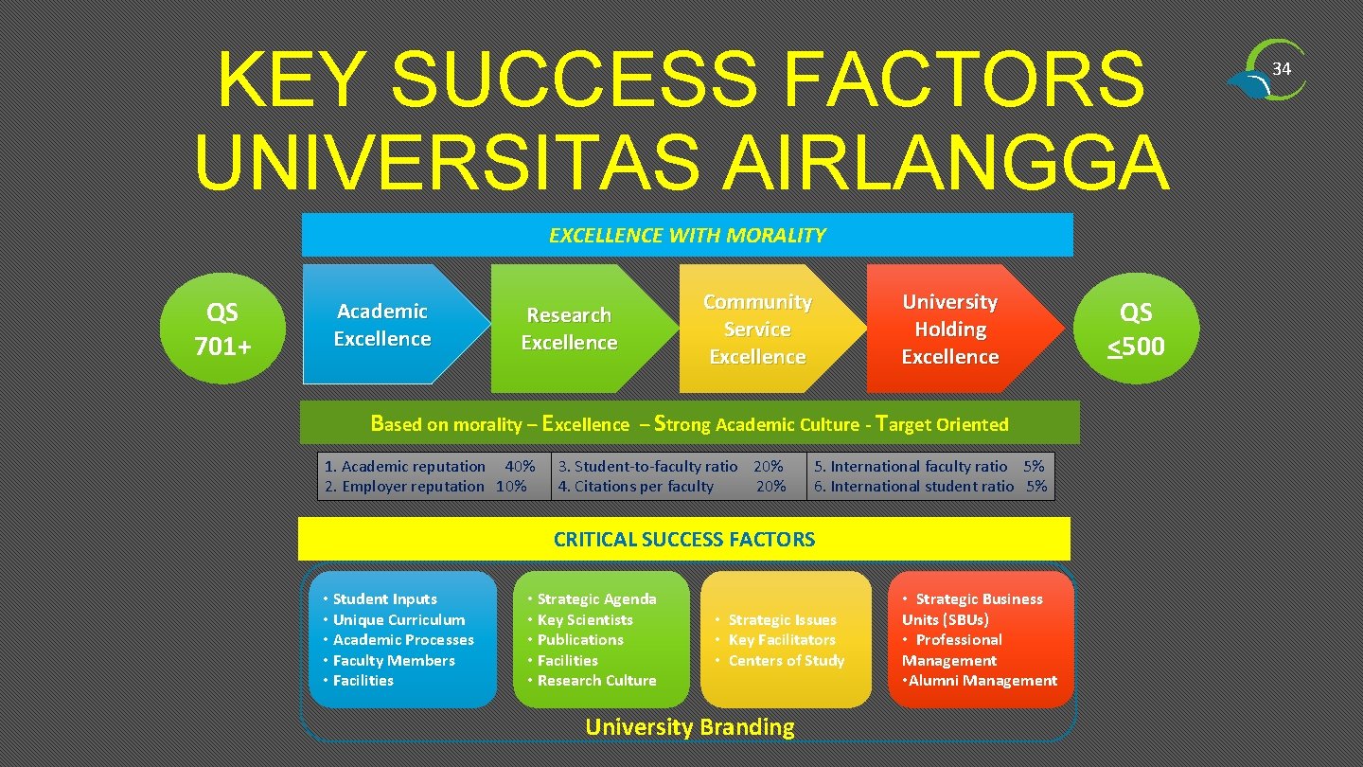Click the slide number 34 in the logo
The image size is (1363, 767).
coord(1282,69)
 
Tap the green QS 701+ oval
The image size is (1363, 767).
coord(223,329)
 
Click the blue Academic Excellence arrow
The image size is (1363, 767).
coord(383,325)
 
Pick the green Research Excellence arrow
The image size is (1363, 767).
coord(570,329)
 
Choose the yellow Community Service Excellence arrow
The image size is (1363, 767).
coord(757,329)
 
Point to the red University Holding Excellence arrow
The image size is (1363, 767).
coord(950,329)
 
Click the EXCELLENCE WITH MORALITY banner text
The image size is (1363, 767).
coord(687,235)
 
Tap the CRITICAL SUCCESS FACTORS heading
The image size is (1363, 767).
coord(683,540)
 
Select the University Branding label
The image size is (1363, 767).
coord(690,727)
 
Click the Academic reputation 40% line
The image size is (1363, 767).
coord(429,466)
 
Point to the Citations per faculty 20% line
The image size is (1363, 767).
coord(672,487)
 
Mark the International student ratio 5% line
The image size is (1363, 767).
coord(930,487)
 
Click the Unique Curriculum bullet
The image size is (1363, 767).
coord(398,620)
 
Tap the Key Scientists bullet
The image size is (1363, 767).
coord(584,620)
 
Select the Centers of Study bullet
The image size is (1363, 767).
coord(786,661)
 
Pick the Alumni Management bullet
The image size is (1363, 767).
coord(982,681)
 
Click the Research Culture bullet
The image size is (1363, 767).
coord(596,681)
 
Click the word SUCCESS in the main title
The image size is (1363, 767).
coord(573,80)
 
